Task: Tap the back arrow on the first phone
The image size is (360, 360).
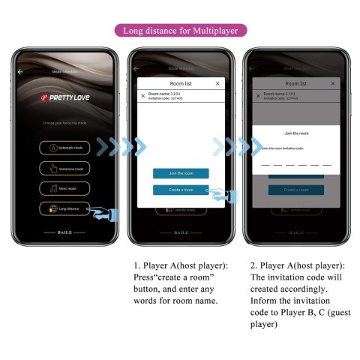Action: [21, 71]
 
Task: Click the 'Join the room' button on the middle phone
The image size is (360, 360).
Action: [181, 173]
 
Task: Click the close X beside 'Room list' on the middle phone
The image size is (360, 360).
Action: [217, 83]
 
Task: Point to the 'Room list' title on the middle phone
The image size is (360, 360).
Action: [181, 83]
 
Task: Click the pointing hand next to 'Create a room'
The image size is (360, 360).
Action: [219, 195]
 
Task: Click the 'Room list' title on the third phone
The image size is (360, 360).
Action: [295, 83]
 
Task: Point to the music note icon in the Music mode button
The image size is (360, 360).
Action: [52, 188]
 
